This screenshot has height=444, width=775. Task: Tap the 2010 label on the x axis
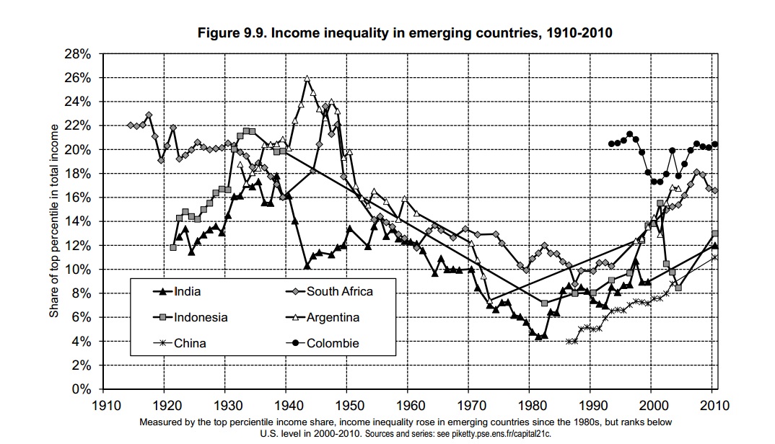pos(713,404)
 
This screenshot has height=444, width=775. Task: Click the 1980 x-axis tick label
pos(530,404)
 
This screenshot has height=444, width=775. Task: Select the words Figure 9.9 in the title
pos(229,33)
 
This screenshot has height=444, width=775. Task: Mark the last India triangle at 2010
pos(714,246)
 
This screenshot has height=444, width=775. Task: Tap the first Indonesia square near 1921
pos(173,248)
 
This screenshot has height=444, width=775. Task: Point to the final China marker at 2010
pos(714,257)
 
